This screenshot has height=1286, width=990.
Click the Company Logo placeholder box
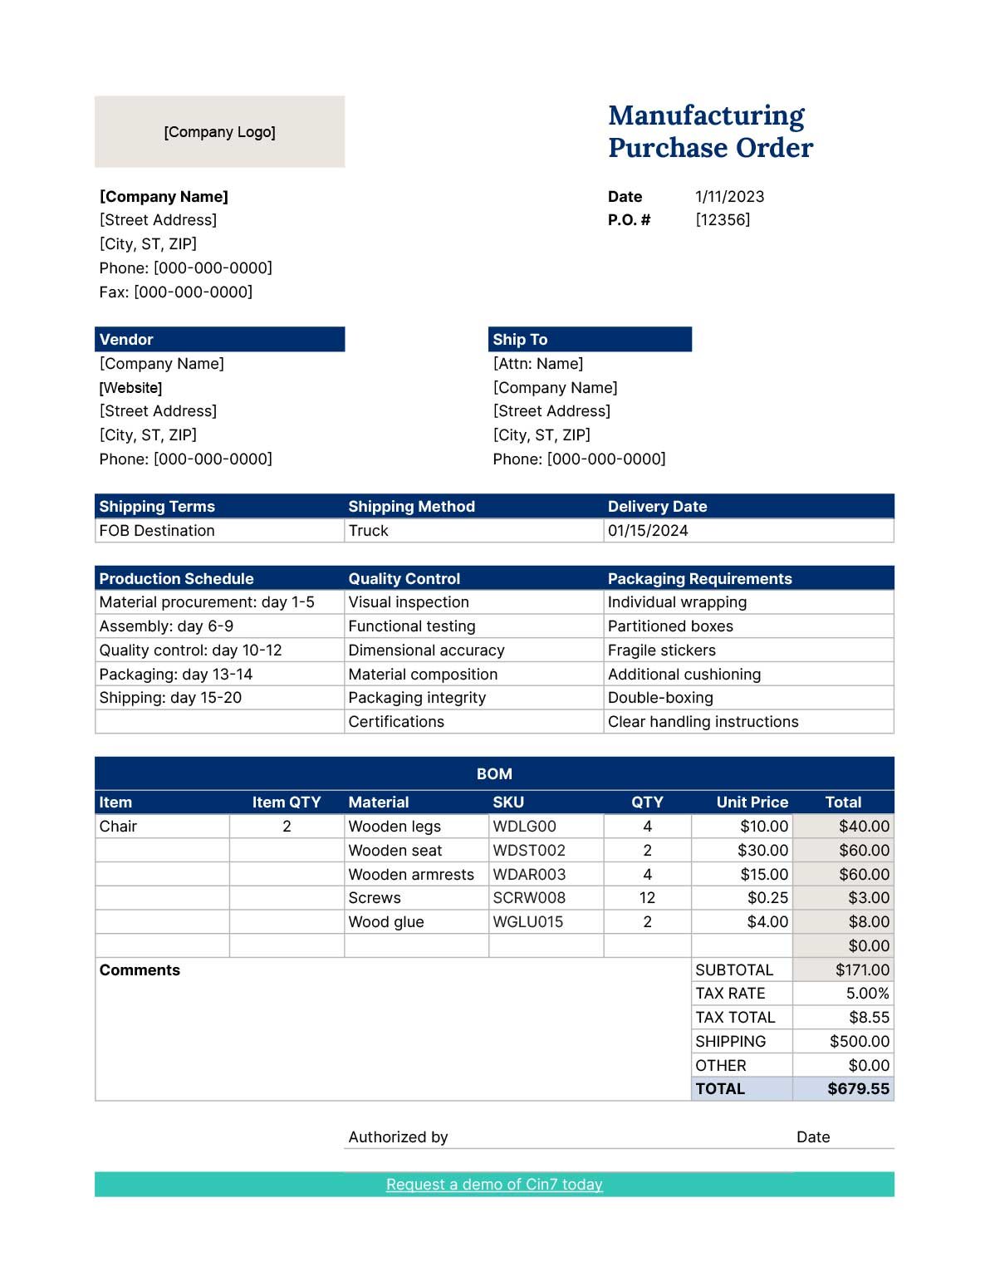click(219, 132)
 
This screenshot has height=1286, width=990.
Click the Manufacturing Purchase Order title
click(709, 131)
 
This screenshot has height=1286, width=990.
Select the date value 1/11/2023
click(729, 197)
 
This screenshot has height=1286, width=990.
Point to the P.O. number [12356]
click(723, 220)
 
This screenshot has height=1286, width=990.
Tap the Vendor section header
click(219, 339)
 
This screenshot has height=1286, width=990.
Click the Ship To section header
click(590, 339)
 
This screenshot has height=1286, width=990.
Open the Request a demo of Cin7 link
click(494, 1185)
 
